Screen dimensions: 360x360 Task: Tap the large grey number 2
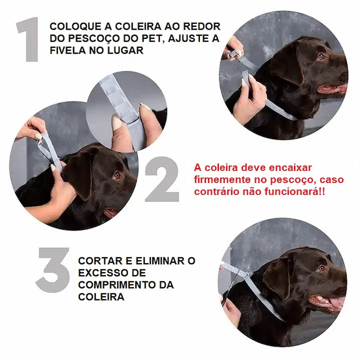(162, 179)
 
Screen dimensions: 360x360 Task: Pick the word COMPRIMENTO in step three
(115, 285)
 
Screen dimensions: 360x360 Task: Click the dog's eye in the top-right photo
(321, 57)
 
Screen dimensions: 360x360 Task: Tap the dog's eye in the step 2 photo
(118, 175)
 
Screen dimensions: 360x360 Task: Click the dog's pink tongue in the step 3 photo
(336, 302)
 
